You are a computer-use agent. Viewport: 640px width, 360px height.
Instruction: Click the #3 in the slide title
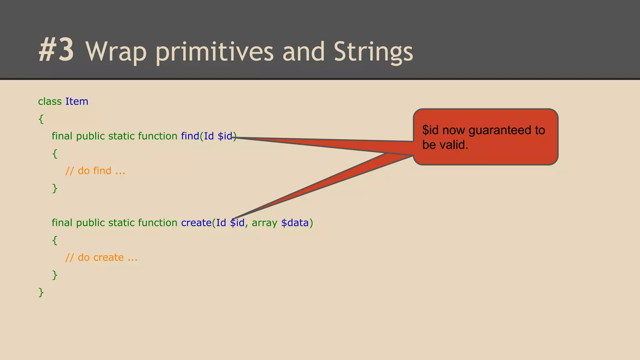[x=57, y=50]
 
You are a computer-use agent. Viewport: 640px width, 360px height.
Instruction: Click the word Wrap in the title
[x=116, y=52]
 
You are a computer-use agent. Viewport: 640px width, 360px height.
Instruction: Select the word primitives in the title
[x=214, y=52]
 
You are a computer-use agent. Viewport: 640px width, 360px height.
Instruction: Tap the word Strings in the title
[x=373, y=52]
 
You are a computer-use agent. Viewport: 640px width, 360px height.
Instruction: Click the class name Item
[x=77, y=102]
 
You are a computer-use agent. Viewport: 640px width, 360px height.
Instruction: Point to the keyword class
[x=50, y=102]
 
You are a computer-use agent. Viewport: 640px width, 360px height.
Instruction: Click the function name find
[x=190, y=136]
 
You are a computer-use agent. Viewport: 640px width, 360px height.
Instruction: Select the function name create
[x=196, y=223]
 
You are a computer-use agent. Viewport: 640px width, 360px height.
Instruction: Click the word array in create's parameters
[x=264, y=223]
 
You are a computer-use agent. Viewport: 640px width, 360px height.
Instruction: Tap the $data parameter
[x=295, y=223]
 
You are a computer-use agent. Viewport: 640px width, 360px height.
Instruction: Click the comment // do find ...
[x=95, y=171]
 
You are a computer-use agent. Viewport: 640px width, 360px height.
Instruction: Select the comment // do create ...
[x=101, y=257]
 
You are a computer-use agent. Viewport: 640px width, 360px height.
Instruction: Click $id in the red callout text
[x=430, y=130]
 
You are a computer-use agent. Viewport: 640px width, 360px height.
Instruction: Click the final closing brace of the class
[x=41, y=292]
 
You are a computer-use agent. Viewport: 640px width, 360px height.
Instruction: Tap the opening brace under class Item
[x=41, y=119]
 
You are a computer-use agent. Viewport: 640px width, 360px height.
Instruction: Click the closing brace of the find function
[x=55, y=188]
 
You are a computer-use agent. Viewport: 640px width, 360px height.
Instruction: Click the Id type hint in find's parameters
[x=209, y=136]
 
